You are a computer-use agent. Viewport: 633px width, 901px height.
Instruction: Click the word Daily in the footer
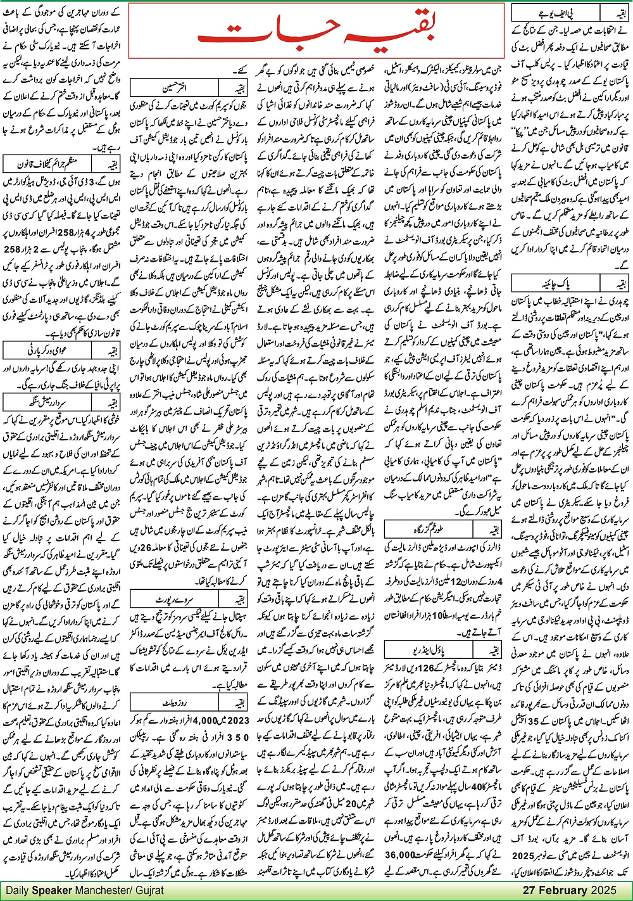pos(18,890)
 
